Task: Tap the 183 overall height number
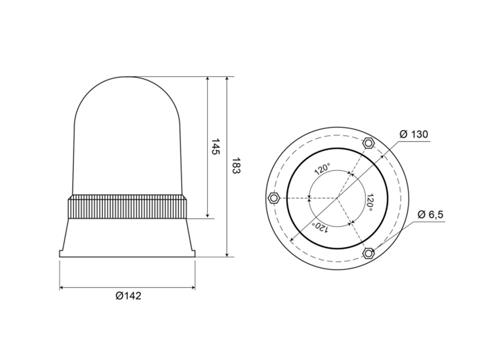click(x=235, y=165)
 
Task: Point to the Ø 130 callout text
click(x=414, y=134)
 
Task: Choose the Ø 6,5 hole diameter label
click(x=430, y=214)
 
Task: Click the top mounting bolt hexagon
click(x=368, y=142)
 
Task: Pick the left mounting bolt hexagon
click(x=273, y=198)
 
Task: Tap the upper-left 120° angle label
click(x=322, y=168)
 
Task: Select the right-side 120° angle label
click(x=370, y=202)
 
